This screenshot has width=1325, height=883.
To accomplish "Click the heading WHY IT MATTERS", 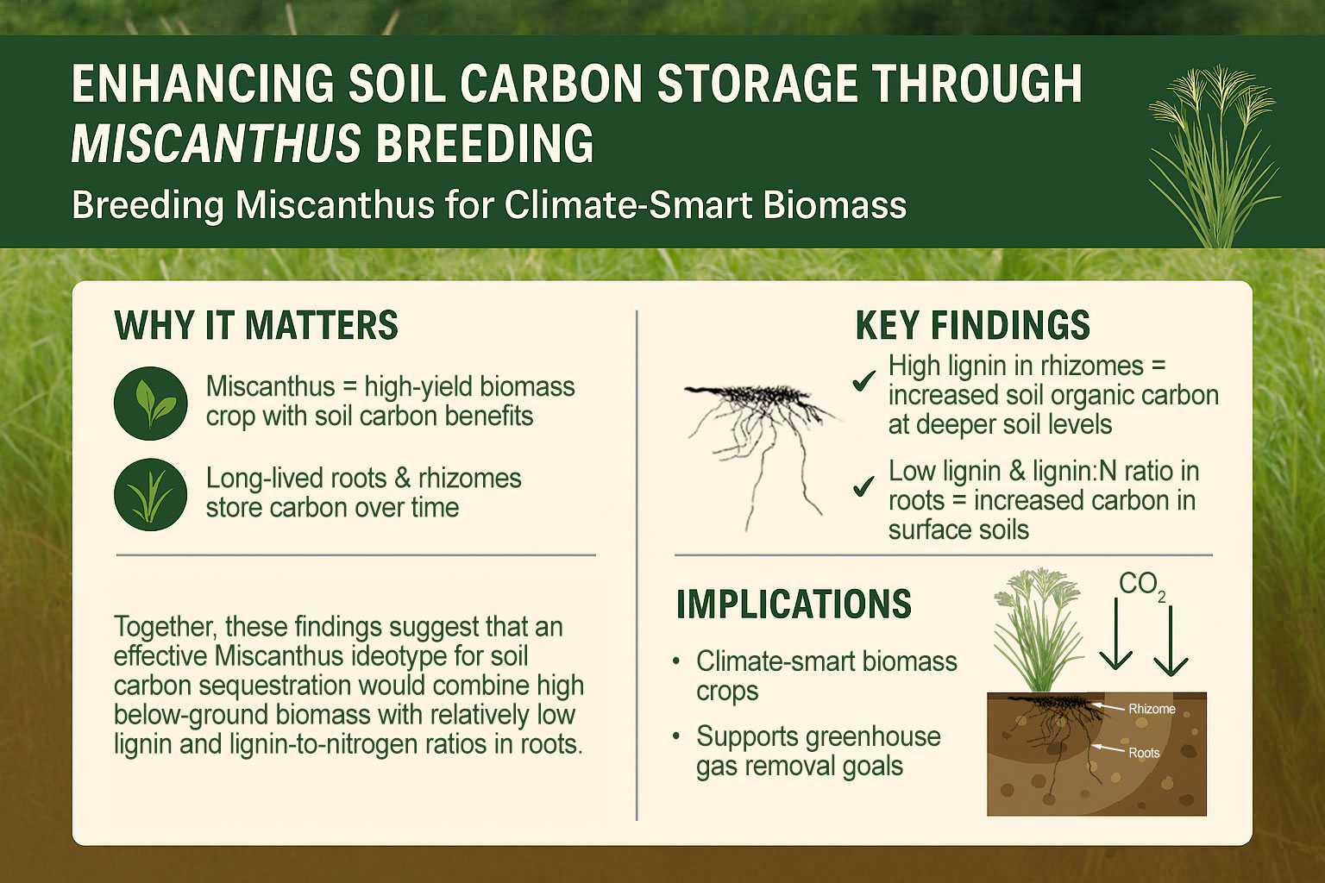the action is click(256, 325).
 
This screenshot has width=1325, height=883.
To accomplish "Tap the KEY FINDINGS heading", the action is click(972, 325).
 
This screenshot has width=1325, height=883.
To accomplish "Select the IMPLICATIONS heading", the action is click(794, 604).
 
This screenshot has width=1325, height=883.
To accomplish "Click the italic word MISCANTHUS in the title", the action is click(216, 143).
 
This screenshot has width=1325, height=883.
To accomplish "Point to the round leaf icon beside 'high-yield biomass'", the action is click(151, 404).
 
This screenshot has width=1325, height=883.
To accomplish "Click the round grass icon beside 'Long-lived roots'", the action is click(151, 494).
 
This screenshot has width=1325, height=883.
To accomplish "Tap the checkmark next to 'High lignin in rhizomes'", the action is click(863, 381).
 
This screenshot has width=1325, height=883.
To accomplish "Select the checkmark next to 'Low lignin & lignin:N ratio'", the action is click(863, 486).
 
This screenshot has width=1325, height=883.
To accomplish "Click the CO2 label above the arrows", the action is click(1141, 586).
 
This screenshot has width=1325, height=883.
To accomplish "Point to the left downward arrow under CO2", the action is click(1115, 634).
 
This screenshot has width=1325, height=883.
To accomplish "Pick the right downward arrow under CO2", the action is click(1171, 641).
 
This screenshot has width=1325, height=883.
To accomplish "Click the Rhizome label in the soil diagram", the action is click(1152, 709).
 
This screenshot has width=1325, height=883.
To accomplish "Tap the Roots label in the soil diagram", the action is click(1144, 753).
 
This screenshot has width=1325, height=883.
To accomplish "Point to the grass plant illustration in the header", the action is click(1214, 157).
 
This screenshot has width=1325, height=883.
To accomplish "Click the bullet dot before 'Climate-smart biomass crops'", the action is click(676, 661).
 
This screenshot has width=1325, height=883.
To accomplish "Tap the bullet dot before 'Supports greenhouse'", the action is click(676, 737).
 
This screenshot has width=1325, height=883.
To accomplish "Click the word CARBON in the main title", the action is click(550, 84).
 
